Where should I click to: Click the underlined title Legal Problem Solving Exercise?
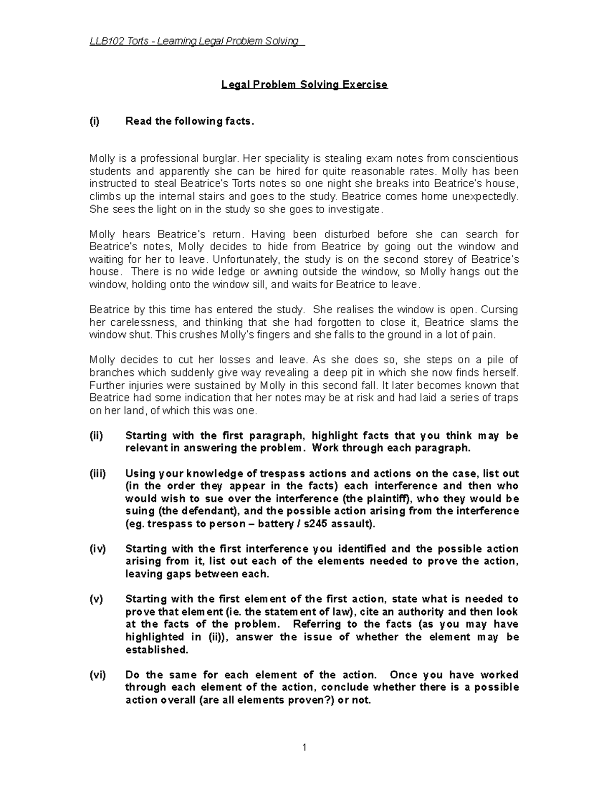(304, 84)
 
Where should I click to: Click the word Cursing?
(500, 310)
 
